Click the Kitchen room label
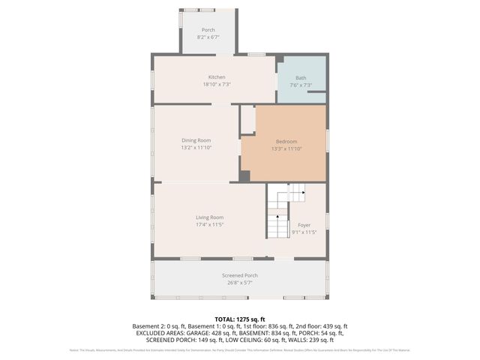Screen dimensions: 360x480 click(217, 77)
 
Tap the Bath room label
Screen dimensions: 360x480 click(301, 77)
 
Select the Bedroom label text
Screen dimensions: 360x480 click(286, 141)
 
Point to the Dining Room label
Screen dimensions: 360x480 click(196, 140)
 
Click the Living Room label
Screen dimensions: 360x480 click(210, 217)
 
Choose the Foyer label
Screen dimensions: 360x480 click(304, 225)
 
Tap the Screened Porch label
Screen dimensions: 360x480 click(240, 275)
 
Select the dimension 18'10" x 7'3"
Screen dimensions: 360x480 click(217, 85)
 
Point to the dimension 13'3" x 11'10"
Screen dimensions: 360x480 click(286, 148)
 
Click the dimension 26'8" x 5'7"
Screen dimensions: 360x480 click(240, 283)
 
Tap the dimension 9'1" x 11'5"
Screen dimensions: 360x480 click(304, 232)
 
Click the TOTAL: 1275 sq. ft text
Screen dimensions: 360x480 click(240, 319)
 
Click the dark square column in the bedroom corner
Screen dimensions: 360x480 click(244, 176)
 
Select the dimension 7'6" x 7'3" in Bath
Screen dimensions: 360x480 click(301, 85)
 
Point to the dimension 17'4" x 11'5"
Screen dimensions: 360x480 click(210, 224)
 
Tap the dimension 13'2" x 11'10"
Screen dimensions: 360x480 click(196, 148)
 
